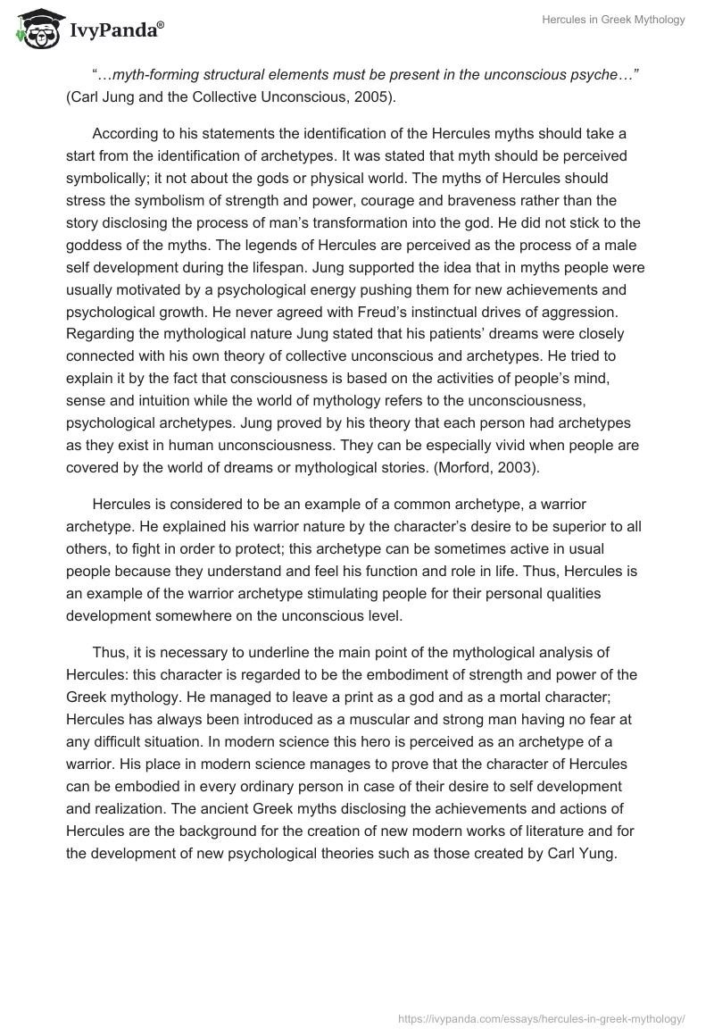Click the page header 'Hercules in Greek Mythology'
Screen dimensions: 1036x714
613,20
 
